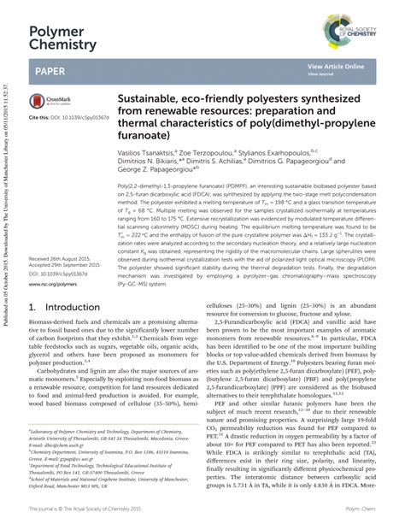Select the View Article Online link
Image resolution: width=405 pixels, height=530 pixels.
coord(336,65)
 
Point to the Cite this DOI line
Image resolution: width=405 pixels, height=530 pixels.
coord(65,115)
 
